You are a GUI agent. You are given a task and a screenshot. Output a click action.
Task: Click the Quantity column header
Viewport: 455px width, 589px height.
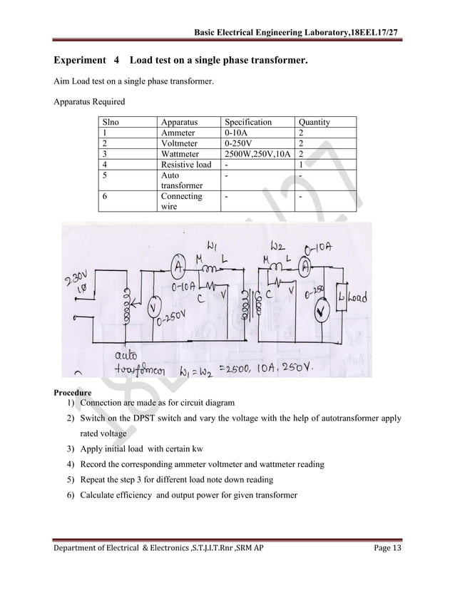(314, 123)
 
